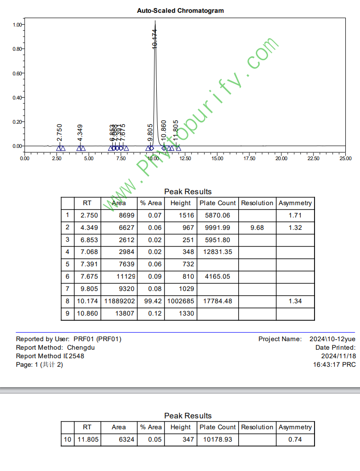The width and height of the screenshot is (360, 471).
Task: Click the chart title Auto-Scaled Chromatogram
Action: (x=180, y=10)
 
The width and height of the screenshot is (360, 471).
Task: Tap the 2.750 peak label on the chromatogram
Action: (x=60, y=132)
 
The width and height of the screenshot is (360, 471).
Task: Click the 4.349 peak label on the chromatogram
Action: (x=80, y=132)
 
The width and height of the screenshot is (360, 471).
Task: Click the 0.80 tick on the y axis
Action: (x=17, y=49)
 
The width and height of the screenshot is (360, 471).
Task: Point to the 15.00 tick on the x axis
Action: (x=217, y=159)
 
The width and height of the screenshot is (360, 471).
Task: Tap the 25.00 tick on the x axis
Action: (x=345, y=159)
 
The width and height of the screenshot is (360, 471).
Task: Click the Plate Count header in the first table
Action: (x=217, y=203)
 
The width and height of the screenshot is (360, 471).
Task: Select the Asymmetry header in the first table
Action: (x=295, y=203)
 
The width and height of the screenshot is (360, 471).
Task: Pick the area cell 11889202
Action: (x=119, y=301)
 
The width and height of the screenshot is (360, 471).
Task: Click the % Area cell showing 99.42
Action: (x=151, y=301)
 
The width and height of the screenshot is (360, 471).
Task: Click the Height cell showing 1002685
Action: (x=180, y=301)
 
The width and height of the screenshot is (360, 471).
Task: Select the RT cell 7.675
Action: (x=87, y=276)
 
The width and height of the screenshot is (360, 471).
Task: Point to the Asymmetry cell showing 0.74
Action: (x=295, y=439)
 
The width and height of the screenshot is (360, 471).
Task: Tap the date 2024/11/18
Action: (x=338, y=356)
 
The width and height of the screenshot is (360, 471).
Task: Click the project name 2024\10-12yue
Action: (x=333, y=339)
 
